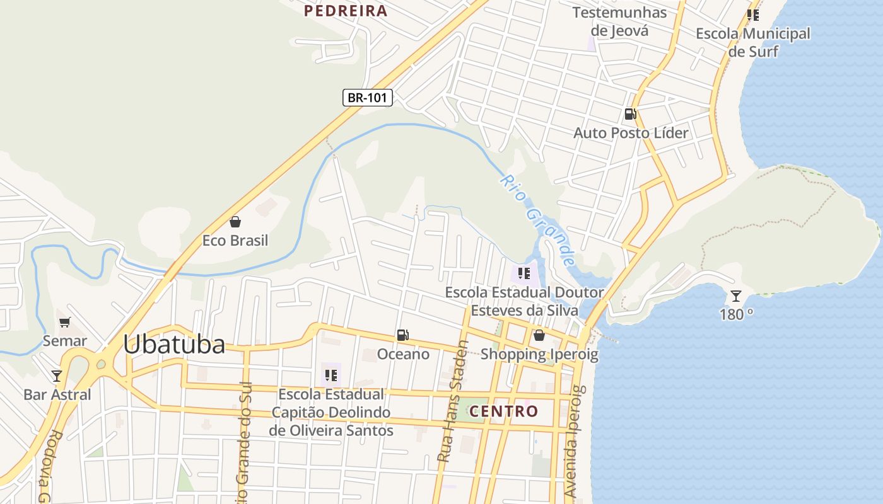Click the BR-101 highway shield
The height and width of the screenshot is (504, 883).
[368, 98]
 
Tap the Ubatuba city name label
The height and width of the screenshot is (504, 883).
[173, 345]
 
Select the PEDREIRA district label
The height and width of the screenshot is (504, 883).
[345, 11]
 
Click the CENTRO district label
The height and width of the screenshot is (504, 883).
[504, 411]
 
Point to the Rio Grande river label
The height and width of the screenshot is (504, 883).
[539, 220]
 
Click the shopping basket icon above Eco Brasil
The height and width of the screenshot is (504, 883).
[235, 222]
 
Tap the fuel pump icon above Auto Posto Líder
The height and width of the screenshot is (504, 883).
[630, 114]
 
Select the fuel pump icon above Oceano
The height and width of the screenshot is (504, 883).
[403, 335]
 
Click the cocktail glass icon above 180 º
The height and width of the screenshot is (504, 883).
[736, 295]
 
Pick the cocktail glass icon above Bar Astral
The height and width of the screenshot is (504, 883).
[57, 376]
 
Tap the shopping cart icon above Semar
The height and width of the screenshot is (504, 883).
[64, 323]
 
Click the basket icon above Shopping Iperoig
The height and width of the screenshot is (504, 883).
[539, 335]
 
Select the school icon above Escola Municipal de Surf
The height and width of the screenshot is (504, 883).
[752, 14]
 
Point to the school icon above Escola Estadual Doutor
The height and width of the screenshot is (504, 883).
[523, 273]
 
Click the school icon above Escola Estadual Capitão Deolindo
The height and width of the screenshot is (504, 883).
[330, 375]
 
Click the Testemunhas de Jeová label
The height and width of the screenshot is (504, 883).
[619, 21]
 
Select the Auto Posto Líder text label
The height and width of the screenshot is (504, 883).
[631, 133]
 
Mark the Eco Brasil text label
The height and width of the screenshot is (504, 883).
[235, 241]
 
